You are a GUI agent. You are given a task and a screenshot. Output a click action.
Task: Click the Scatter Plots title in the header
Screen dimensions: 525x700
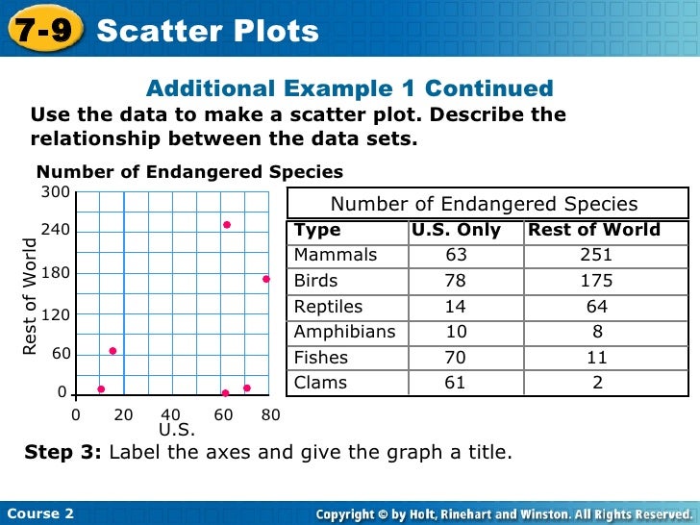pyautogui.click(x=208, y=31)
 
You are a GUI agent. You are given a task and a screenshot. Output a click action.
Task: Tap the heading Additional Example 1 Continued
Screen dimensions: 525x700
pyautogui.click(x=349, y=89)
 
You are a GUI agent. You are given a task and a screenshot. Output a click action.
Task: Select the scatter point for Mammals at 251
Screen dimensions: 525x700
pyautogui.click(x=227, y=225)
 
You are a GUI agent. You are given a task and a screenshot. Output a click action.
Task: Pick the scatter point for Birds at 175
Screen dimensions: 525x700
pyautogui.click(x=265, y=279)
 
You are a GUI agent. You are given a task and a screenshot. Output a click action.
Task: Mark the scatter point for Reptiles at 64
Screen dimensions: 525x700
pyautogui.click(x=112, y=351)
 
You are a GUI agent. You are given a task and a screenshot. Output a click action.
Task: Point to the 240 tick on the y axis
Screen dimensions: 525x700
pyautogui.click(x=54, y=231)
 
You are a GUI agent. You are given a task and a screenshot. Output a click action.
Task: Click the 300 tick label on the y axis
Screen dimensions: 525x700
pyautogui.click(x=54, y=193)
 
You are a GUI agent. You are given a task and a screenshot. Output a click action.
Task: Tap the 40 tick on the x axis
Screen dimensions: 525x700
pyautogui.click(x=170, y=415)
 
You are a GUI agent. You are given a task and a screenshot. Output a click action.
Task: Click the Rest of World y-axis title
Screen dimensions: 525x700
pyautogui.click(x=30, y=298)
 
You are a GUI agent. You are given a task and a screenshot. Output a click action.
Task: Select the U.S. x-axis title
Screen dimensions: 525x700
pyautogui.click(x=177, y=430)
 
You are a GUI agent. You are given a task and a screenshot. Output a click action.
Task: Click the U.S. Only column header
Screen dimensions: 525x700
pyautogui.click(x=456, y=230)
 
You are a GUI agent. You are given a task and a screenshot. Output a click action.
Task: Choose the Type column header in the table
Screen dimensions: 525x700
pyautogui.click(x=317, y=230)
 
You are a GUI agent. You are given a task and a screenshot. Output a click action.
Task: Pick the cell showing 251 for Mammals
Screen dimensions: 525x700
pyautogui.click(x=596, y=256)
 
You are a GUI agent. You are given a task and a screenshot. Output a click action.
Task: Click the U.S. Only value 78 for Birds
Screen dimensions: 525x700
pyautogui.click(x=456, y=282)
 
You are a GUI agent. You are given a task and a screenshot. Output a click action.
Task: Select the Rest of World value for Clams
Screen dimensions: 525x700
pyautogui.click(x=598, y=383)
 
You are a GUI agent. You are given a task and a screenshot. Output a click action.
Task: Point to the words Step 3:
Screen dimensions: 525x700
pyautogui.click(x=63, y=453)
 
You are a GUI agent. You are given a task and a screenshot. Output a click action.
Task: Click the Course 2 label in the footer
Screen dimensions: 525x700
pyautogui.click(x=39, y=512)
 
